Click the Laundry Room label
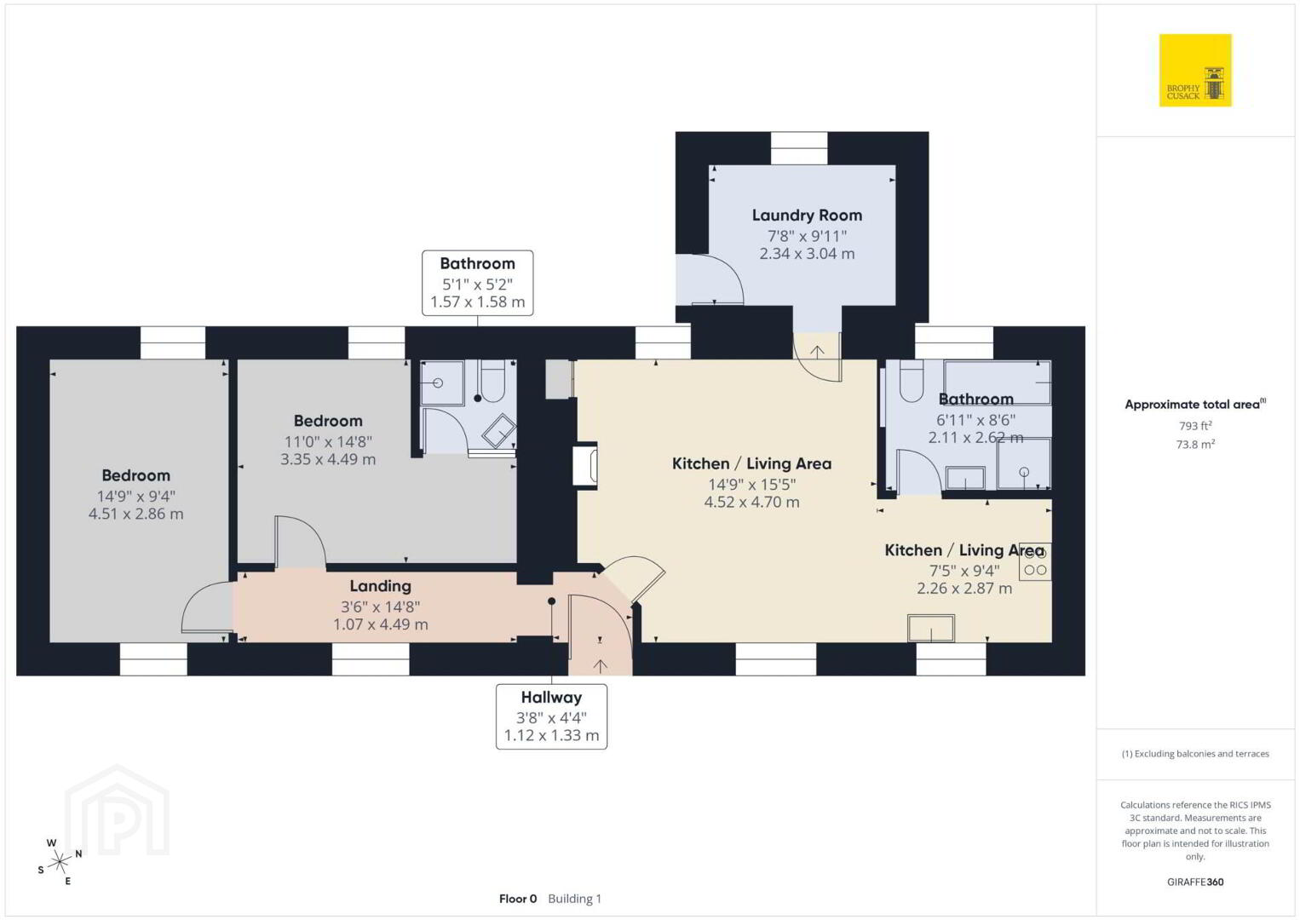pyautogui.click(x=807, y=216)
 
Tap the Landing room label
pyautogui.click(x=380, y=586)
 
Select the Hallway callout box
pyautogui.click(x=551, y=716)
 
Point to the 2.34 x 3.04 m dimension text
pyautogui.click(x=807, y=254)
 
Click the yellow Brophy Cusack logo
pyautogui.click(x=1195, y=70)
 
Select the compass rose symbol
pyautogui.click(x=59, y=862)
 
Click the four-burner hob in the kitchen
pyautogui.click(x=1035, y=562)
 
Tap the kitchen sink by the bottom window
pyautogui.click(x=931, y=628)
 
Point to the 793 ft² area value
pyautogui.click(x=1195, y=425)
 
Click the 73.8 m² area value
pyautogui.click(x=1195, y=445)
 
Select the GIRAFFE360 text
pyautogui.click(x=1195, y=883)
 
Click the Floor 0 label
pyautogui.click(x=518, y=899)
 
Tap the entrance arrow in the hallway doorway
pyautogui.click(x=600, y=666)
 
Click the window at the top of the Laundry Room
pyautogui.click(x=798, y=148)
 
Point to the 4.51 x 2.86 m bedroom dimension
pyautogui.click(x=135, y=515)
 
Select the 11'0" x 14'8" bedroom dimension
pyautogui.click(x=328, y=442)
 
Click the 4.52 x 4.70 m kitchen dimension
pyautogui.click(x=751, y=502)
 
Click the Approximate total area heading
pyautogui.click(x=1195, y=404)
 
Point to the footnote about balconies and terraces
pyautogui.click(x=1195, y=754)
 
